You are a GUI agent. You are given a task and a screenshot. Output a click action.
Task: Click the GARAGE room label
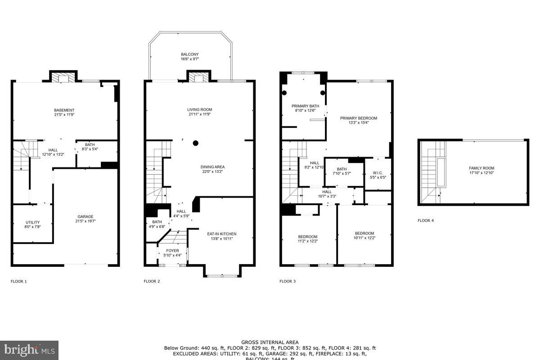pyautogui.click(x=85, y=216)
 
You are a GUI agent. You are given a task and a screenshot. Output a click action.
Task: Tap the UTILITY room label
pyautogui.click(x=32, y=222)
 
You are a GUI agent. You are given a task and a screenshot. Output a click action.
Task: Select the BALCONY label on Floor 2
pyautogui.click(x=189, y=54)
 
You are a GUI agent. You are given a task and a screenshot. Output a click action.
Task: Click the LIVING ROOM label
pyautogui.click(x=199, y=109)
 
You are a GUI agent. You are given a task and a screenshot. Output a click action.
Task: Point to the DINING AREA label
pyautogui.click(x=212, y=167)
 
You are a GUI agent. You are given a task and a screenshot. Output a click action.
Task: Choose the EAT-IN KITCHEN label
pyautogui.click(x=221, y=234)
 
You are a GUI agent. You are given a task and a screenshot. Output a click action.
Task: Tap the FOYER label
pyautogui.click(x=172, y=251)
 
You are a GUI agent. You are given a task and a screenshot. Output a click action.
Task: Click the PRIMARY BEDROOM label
pyautogui.click(x=358, y=118)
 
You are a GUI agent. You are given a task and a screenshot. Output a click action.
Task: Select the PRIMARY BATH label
pyautogui.click(x=305, y=106)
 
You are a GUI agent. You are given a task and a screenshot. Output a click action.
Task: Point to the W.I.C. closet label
pyautogui.click(x=377, y=172)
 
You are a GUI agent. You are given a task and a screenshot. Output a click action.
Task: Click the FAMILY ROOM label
pyautogui.click(x=481, y=168)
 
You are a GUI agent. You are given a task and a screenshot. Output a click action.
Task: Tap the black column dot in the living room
pyautogui.click(x=195, y=143)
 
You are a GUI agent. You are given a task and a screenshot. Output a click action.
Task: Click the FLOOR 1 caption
pyautogui.click(x=19, y=282)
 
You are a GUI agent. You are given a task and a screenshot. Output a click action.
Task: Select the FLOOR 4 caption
pyautogui.click(x=426, y=220)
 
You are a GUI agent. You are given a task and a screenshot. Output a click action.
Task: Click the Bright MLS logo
pyautogui.click(x=29, y=350)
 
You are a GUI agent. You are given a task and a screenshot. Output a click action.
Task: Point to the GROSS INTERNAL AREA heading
pyautogui.click(x=270, y=342)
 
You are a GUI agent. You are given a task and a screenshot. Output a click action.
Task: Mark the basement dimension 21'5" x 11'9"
pyautogui.click(x=64, y=115)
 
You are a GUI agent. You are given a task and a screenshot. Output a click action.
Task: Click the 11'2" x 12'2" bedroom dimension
pyautogui.click(x=308, y=242)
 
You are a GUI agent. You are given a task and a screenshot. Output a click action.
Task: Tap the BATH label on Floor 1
pyautogui.click(x=90, y=145)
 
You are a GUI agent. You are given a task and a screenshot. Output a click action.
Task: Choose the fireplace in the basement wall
pyautogui.click(x=63, y=78)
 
